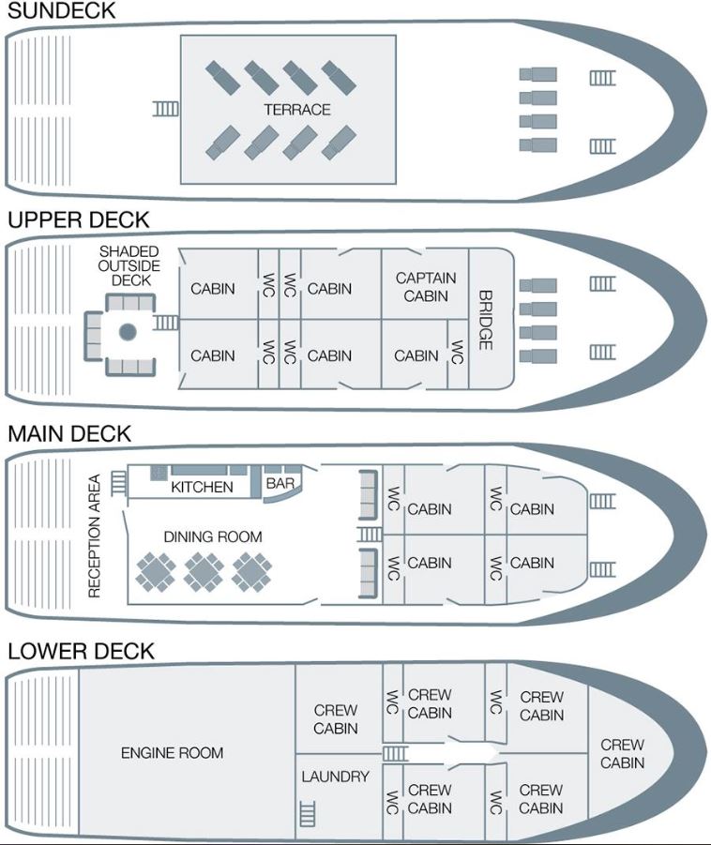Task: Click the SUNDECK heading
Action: point(62,10)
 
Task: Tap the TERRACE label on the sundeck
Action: point(297,110)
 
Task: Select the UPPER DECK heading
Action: point(79,219)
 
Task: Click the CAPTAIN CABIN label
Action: point(426,287)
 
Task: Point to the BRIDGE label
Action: point(486,320)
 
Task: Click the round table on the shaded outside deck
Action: point(128,332)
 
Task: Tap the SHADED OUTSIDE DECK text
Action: point(129,266)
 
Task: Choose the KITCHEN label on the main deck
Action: point(203,487)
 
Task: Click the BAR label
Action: point(280,483)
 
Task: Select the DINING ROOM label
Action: point(213,536)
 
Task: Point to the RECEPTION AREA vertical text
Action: point(95,536)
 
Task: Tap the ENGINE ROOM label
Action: point(172,753)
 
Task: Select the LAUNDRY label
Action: point(335,777)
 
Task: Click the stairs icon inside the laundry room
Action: point(308,814)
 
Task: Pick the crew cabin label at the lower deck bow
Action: point(623,753)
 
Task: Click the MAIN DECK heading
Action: point(69,434)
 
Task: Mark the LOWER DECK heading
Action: point(81,651)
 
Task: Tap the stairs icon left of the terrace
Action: point(166,109)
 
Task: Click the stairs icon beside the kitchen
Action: point(118,483)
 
